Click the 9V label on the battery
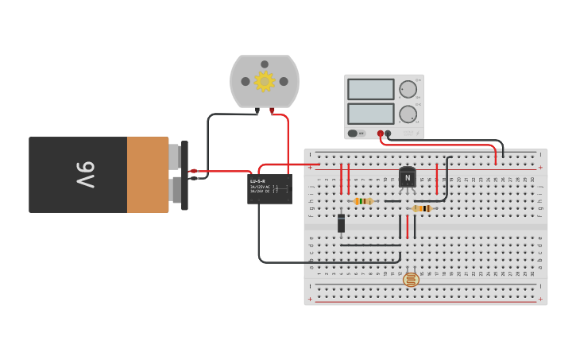86,175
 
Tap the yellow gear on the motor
264,80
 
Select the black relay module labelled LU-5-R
269,189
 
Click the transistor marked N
408,178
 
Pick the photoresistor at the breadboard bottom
411,280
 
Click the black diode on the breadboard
342,224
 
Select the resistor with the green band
363,201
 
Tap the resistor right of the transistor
422,208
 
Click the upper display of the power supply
370,89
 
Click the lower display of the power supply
370,114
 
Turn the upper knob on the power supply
408,88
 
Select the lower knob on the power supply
408,114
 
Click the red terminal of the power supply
381,134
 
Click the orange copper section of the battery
148,175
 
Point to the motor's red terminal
272,110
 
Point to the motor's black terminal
257,110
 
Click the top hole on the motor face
264,63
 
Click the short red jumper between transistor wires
408,226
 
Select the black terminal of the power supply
388,134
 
